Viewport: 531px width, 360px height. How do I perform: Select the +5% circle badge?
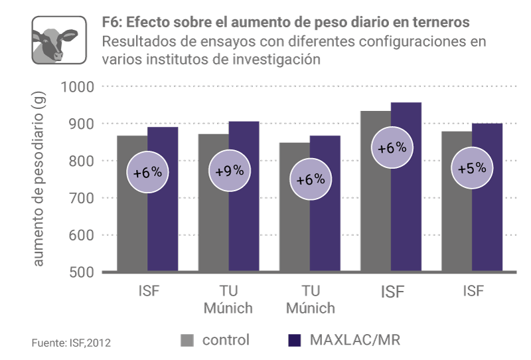(472, 168)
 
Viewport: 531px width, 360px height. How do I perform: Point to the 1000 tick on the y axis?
(78, 87)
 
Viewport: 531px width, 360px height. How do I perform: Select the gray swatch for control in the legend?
(188, 341)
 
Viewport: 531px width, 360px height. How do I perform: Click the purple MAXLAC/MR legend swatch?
(296, 341)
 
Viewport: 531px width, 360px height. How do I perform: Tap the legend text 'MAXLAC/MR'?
(355, 341)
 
